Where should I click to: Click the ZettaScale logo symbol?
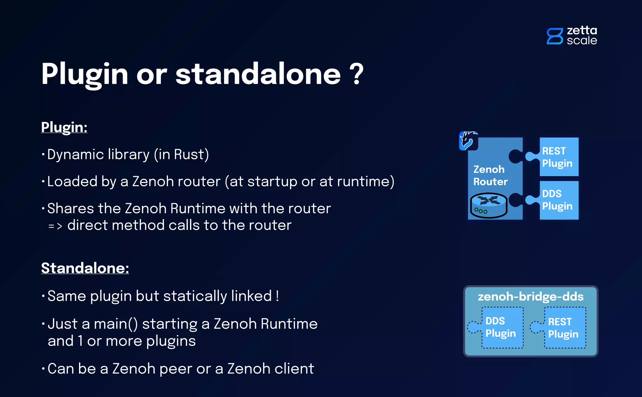pyautogui.click(x=555, y=36)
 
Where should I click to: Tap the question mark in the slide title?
pyautogui.click(x=356, y=74)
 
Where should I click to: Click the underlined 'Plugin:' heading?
pyautogui.click(x=64, y=127)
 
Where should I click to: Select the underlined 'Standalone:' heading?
pyautogui.click(x=85, y=268)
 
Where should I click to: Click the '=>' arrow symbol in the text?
pyautogui.click(x=55, y=226)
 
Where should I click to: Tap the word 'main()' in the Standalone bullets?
pyautogui.click(x=116, y=324)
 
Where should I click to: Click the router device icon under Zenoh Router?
pyautogui.click(x=489, y=205)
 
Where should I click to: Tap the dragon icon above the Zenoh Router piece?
pyautogui.click(x=468, y=141)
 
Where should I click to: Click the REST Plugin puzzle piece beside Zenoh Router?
pyautogui.click(x=558, y=157)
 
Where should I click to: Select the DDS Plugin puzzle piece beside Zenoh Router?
pyautogui.click(x=558, y=200)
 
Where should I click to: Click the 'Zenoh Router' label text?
pyautogui.click(x=490, y=176)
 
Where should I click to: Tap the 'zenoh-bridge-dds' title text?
pyautogui.click(x=530, y=297)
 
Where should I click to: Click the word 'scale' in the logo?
pyautogui.click(x=582, y=40)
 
